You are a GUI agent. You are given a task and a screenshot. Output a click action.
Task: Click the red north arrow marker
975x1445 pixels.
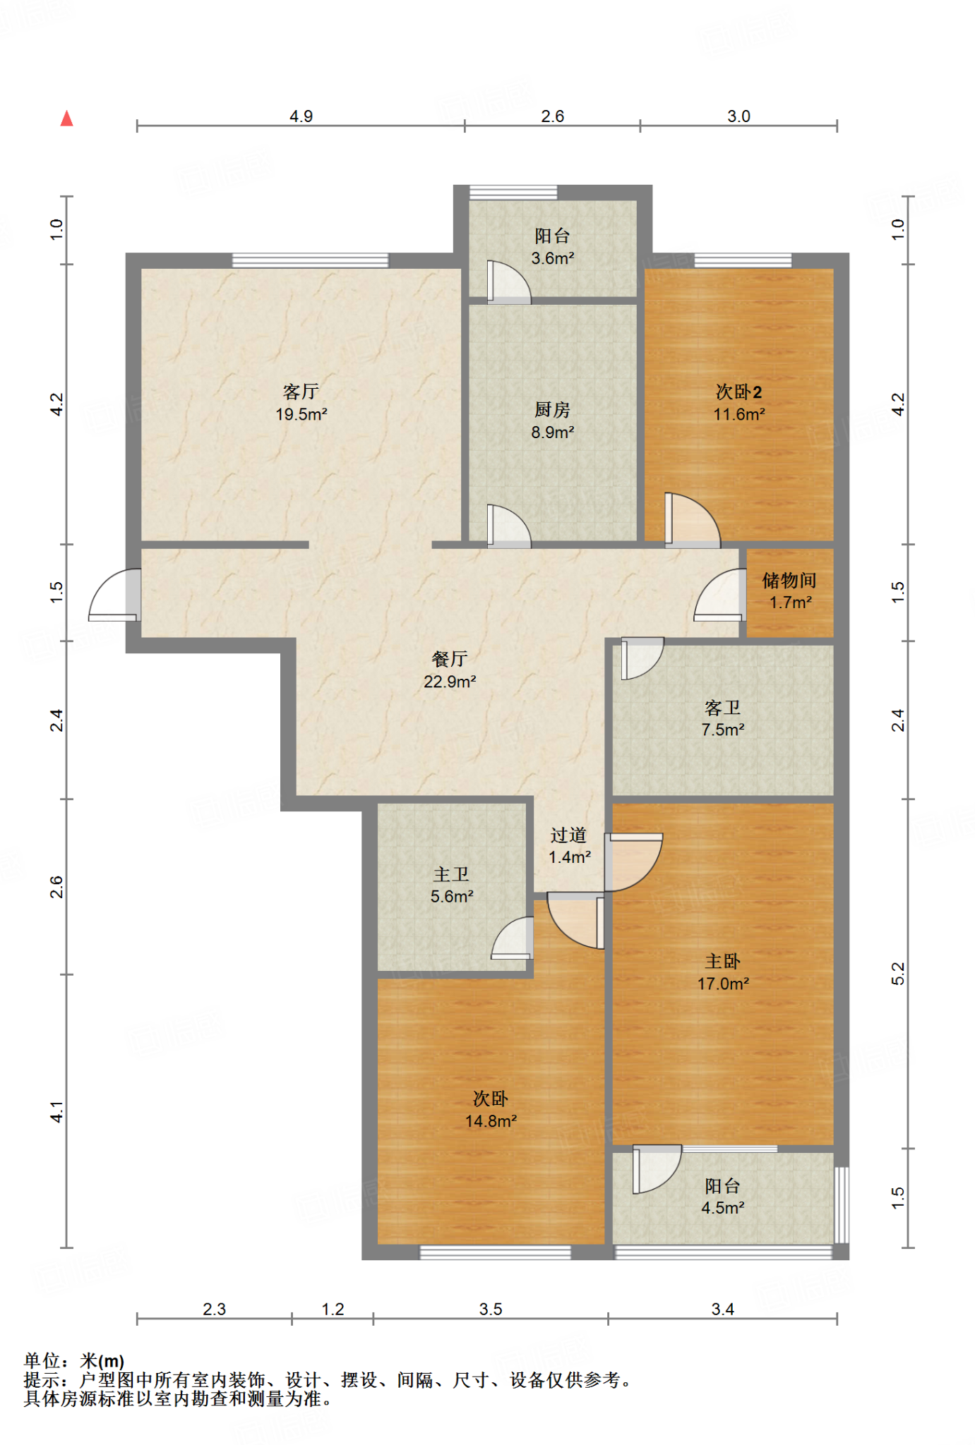67,118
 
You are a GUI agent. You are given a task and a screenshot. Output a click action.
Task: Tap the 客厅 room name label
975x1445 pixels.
301,392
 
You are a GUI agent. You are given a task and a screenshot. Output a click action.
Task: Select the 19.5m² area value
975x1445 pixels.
301,414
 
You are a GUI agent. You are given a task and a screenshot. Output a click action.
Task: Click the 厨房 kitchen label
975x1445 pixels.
552,409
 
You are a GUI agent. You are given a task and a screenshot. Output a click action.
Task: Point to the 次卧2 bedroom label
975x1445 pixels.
738,392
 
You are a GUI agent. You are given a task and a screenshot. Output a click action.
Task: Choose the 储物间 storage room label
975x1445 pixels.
789,580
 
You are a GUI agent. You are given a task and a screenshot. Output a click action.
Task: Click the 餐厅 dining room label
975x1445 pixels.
450,659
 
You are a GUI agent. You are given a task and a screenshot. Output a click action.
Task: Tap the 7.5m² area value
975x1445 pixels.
723,730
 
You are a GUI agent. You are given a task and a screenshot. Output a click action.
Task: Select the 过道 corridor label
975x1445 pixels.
568,835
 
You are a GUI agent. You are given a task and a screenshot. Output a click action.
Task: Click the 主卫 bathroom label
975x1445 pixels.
451,874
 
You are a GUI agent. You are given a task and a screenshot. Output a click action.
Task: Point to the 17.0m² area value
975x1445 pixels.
723,984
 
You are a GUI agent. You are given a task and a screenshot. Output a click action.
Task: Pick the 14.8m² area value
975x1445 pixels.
491,1121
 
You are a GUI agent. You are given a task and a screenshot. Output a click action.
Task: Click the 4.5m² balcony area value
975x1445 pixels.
723,1208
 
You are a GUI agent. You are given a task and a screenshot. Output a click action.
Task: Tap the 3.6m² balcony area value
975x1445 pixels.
553,258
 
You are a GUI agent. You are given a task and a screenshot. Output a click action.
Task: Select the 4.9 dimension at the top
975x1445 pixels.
301,116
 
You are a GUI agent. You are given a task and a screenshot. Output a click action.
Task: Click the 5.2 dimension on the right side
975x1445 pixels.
897,974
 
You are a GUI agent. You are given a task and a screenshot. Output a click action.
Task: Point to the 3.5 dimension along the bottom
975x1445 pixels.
491,1310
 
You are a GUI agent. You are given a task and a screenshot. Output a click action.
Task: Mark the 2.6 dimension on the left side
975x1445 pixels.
56,887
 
